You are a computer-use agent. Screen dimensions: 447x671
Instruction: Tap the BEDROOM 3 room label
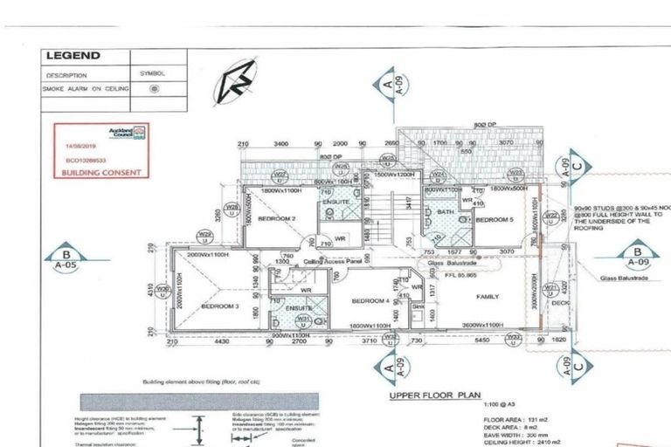219,306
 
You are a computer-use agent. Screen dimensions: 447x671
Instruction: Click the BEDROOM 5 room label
500,218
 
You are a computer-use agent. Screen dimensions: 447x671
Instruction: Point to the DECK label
559,305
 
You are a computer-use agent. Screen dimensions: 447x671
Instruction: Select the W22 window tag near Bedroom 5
550,215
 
